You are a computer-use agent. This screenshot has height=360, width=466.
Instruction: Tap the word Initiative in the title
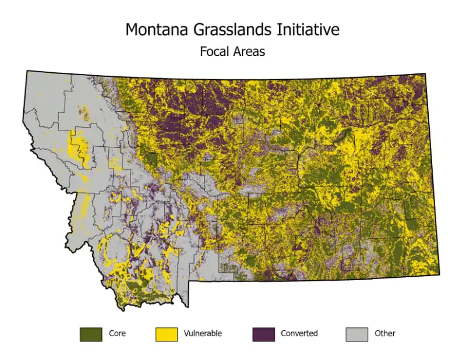click(x=308, y=30)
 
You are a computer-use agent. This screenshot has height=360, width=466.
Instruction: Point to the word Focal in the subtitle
click(x=214, y=52)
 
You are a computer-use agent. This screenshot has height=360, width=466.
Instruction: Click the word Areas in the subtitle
click(x=249, y=52)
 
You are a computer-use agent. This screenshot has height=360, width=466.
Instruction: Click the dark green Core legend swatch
click(x=91, y=334)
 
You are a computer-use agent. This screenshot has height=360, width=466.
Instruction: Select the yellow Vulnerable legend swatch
click(x=167, y=334)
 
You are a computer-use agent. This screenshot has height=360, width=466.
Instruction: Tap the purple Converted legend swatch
click(x=263, y=334)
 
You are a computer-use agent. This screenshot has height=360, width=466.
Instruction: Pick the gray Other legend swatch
click(x=357, y=334)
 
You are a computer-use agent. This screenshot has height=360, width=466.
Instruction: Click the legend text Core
click(x=117, y=334)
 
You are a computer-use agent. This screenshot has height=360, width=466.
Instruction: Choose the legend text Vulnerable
click(x=203, y=334)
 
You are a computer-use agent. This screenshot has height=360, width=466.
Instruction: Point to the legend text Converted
click(x=299, y=334)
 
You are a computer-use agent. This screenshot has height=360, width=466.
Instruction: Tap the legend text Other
click(x=385, y=334)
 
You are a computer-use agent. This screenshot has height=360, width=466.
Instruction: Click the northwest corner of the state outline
click(x=27, y=71)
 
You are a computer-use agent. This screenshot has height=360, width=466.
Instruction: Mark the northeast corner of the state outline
click(x=426, y=74)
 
